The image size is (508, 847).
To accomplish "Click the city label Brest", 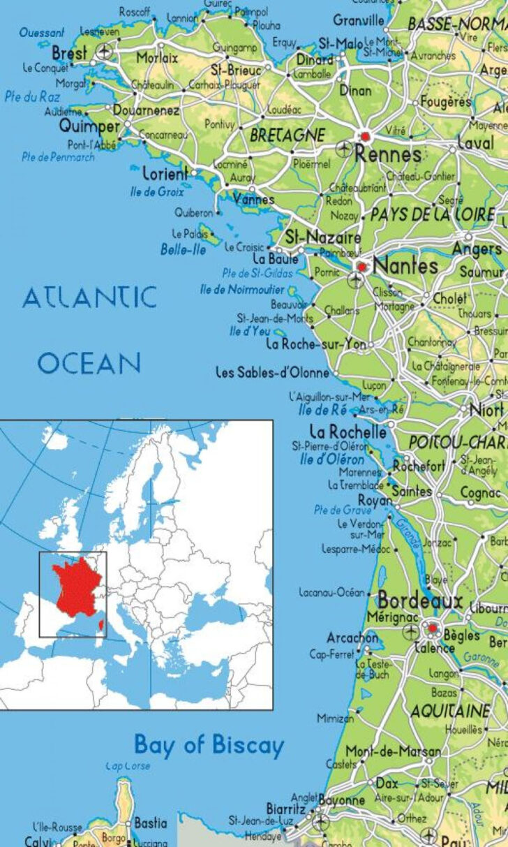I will click(69, 53).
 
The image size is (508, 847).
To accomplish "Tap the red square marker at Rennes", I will click(364, 137).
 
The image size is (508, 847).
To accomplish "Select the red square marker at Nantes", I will click(361, 266).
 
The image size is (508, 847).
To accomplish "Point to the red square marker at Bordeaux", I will click(432, 628).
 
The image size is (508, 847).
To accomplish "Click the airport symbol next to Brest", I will click(105, 51).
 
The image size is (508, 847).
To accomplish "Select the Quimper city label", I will click(90, 126).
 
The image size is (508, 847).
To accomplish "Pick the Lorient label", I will click(165, 173).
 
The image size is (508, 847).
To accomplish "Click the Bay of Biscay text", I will click(209, 745).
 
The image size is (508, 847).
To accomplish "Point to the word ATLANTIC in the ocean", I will click(89, 298).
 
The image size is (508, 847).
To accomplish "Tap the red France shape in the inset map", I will click(75, 587).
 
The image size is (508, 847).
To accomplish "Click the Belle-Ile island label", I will click(184, 249).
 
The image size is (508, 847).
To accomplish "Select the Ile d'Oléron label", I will click(332, 459).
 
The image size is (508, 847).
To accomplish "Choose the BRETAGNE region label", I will click(287, 134).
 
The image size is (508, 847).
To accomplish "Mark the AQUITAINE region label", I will click(450, 711).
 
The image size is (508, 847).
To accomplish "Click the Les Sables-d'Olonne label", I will click(271, 373).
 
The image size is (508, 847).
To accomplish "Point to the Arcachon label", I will click(352, 638).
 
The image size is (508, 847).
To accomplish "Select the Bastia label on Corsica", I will click(150, 823).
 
